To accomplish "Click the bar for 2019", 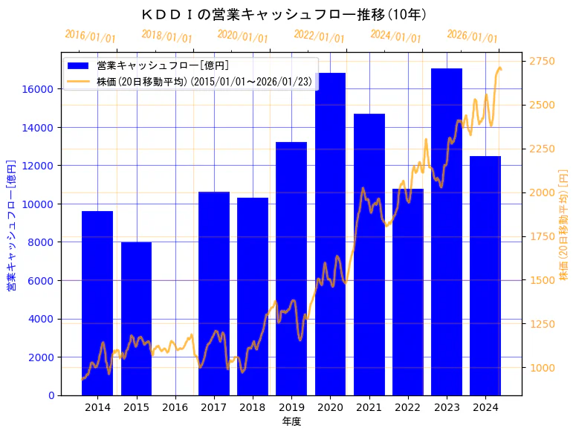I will (291, 268).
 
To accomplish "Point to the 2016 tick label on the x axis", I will (175, 407).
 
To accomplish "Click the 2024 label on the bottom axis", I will (485, 407).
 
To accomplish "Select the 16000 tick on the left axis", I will (41, 89).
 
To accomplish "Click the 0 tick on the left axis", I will (51, 395).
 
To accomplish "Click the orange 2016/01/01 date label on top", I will (91, 36).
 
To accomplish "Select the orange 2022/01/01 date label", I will (320, 36).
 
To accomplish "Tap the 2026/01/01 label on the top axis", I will (473, 36).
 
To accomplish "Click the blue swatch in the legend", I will (77, 66).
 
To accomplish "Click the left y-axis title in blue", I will (11, 224).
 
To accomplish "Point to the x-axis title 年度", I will (291, 421).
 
